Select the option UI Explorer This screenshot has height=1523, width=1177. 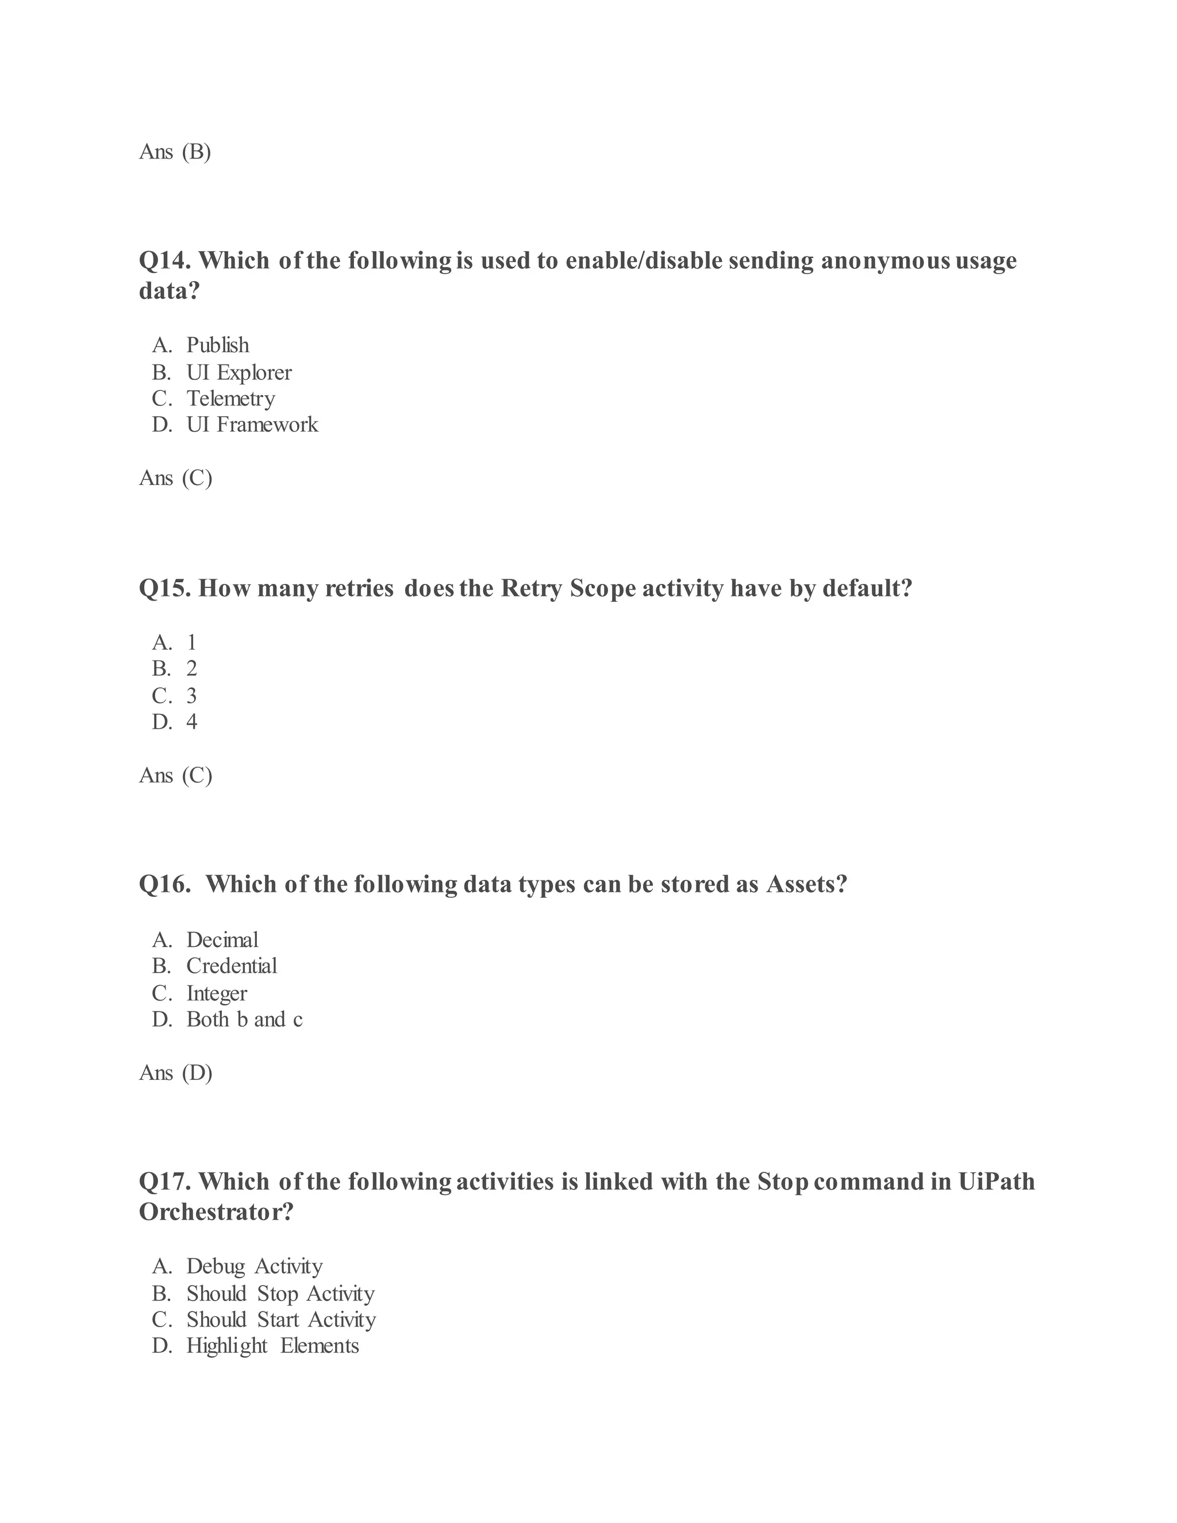pyautogui.click(x=239, y=372)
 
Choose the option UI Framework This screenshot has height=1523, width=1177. pyautogui.click(x=252, y=425)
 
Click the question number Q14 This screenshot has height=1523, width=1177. pyautogui.click(x=166, y=261)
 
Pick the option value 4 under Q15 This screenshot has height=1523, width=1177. pyautogui.click(x=192, y=722)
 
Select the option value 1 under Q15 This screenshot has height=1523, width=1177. pyautogui.click(x=192, y=643)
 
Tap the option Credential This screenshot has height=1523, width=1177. pyautogui.click(x=232, y=966)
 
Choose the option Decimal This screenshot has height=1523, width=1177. pyautogui.click(x=222, y=940)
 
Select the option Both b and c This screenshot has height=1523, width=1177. pyautogui.click(x=244, y=1020)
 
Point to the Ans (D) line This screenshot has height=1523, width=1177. pyautogui.click(x=176, y=1072)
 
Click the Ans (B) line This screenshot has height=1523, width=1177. pyautogui.click(x=175, y=151)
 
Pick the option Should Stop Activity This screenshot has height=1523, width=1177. pyautogui.click(x=280, y=1294)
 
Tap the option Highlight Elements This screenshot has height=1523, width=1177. pyautogui.click(x=272, y=1345)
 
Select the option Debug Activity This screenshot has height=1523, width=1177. pyautogui.click(x=255, y=1266)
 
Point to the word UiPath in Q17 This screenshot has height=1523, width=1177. pyautogui.click(x=997, y=1181)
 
